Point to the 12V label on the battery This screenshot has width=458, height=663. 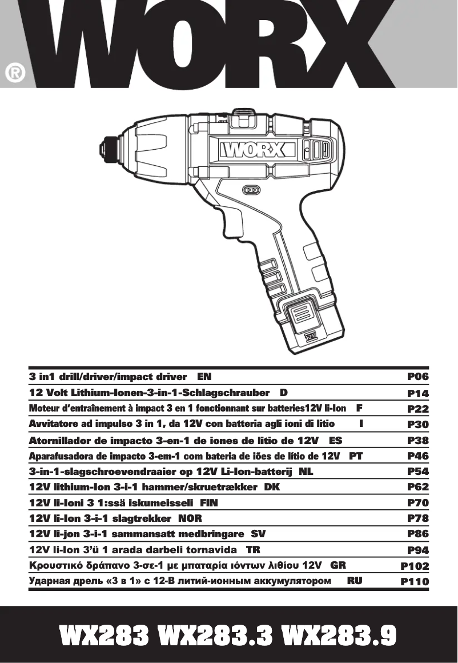coord(310,336)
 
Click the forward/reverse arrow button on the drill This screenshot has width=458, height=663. coord(251,190)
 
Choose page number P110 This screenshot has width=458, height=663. coord(415,582)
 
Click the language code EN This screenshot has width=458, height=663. coord(204,377)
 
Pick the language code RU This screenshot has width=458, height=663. coord(355,581)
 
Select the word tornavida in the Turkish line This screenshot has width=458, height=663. coord(212,550)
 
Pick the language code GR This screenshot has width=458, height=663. coord(338,565)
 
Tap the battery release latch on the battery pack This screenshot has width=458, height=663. coord(302,313)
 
